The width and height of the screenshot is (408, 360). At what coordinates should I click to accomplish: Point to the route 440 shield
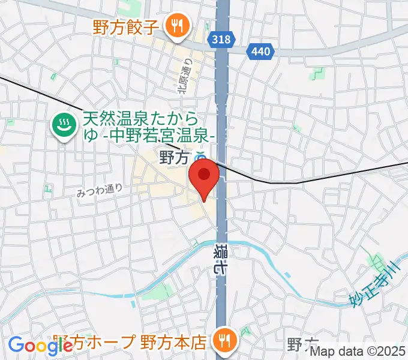[x=260, y=52]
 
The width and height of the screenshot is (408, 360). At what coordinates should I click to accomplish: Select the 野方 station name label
[x=174, y=158]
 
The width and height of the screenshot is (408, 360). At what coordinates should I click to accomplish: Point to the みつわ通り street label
[x=100, y=190]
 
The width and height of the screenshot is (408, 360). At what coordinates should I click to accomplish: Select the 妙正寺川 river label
[x=374, y=281]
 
